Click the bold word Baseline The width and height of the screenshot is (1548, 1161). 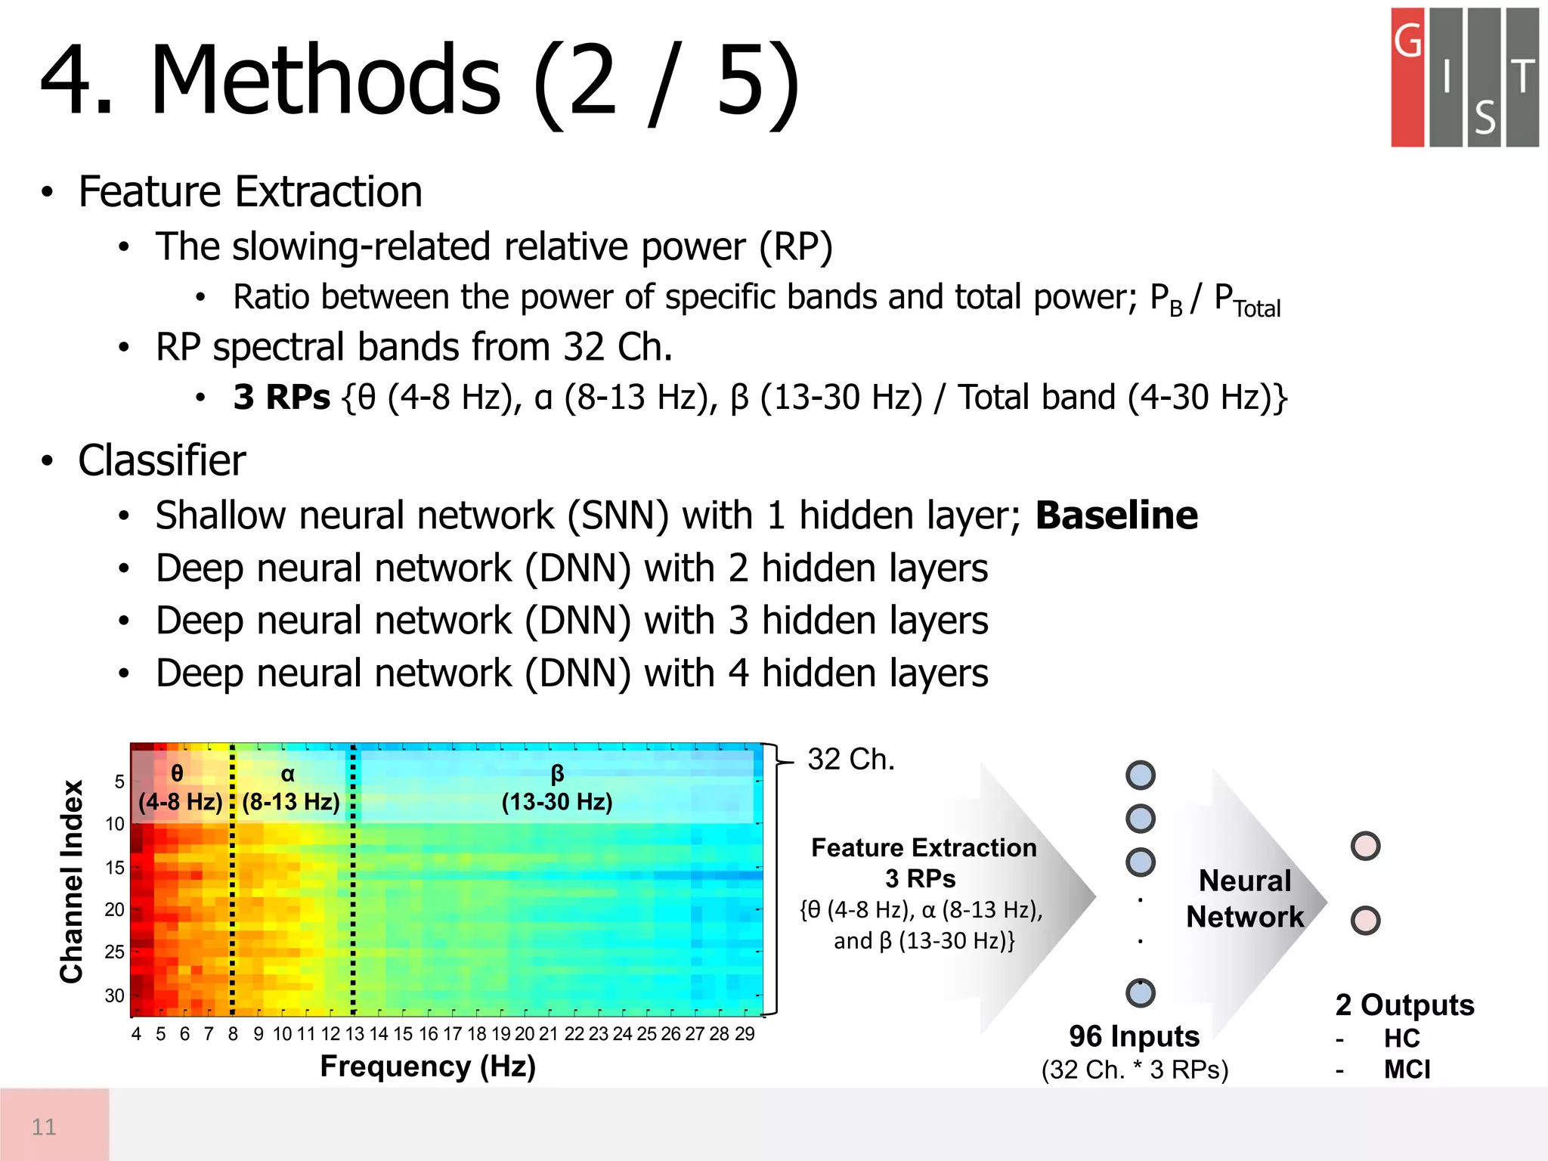[1116, 516]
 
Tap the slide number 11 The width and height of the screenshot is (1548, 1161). [44, 1127]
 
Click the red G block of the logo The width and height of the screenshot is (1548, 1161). [1407, 77]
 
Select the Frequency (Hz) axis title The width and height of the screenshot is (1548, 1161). [428, 1067]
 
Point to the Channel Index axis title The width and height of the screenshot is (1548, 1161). [72, 881]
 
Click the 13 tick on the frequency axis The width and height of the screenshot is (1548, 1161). [354, 1034]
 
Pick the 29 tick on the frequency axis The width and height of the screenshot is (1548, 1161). [745, 1034]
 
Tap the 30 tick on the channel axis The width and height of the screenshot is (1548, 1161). [114, 995]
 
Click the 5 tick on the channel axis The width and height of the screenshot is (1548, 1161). [119, 782]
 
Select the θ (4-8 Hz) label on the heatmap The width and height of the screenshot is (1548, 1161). [180, 788]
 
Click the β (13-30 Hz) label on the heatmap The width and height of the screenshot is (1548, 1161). [557, 788]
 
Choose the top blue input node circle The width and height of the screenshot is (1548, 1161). [1140, 775]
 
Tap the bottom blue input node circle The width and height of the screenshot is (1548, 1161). [1140, 992]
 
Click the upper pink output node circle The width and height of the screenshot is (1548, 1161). [1365, 846]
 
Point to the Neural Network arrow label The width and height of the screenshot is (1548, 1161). [1245, 899]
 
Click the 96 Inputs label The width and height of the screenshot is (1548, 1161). [1134, 1036]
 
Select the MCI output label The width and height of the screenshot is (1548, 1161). [1407, 1070]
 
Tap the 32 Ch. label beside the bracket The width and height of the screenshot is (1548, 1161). [851, 760]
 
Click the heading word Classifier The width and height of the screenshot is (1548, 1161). [162, 461]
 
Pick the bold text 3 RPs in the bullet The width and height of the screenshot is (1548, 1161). [281, 398]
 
